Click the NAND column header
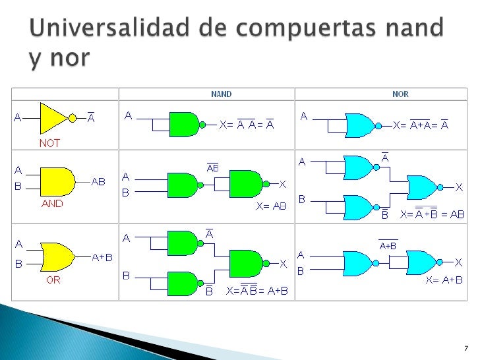(x=221, y=94)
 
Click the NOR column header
(x=400, y=94)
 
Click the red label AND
(x=52, y=204)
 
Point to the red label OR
(x=53, y=280)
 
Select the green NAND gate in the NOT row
(x=184, y=123)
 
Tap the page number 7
(x=465, y=347)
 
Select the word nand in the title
(x=415, y=30)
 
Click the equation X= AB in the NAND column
(x=271, y=206)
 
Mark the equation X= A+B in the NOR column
(x=444, y=280)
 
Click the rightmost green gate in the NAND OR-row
(x=245, y=262)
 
